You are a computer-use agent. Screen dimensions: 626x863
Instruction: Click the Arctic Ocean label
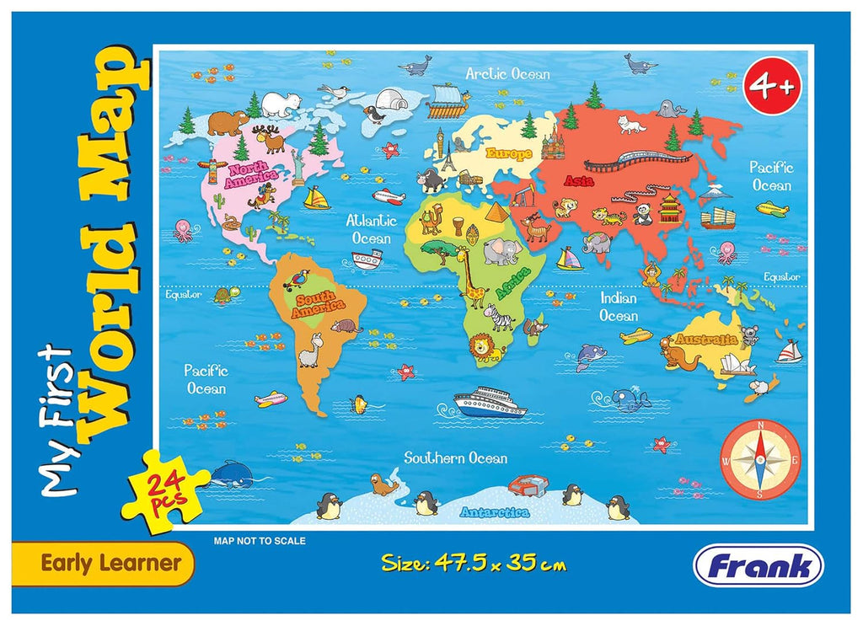point(507,73)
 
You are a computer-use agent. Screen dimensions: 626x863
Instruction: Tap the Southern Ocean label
point(455,457)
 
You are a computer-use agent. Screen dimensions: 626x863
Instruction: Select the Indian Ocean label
point(619,307)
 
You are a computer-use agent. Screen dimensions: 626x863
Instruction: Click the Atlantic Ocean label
point(372,229)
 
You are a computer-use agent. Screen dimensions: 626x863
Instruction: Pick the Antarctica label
point(494,511)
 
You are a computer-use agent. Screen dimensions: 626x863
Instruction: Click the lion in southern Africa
point(486,346)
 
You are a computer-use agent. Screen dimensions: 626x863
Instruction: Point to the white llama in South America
point(312,350)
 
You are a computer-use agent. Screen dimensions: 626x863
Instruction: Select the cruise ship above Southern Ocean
point(489,402)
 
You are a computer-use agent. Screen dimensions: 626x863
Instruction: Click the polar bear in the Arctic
point(281,104)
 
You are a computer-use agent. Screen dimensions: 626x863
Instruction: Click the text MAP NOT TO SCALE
point(260,541)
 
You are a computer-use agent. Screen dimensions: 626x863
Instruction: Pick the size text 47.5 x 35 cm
point(473,562)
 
